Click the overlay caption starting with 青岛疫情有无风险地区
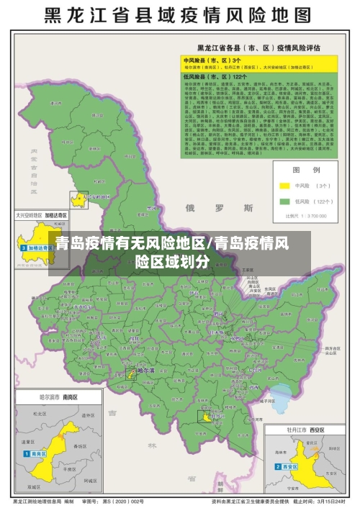click(179, 252)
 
